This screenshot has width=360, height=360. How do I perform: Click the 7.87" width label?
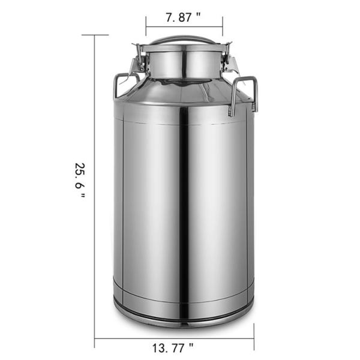tap(184, 17)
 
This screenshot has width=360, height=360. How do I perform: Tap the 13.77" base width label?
tap(174, 347)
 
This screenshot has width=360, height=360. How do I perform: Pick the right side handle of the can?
tap(245, 93)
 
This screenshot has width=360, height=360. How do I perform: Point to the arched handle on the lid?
tap(183, 40)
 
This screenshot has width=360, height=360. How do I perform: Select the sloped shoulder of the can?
tap(180, 96)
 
